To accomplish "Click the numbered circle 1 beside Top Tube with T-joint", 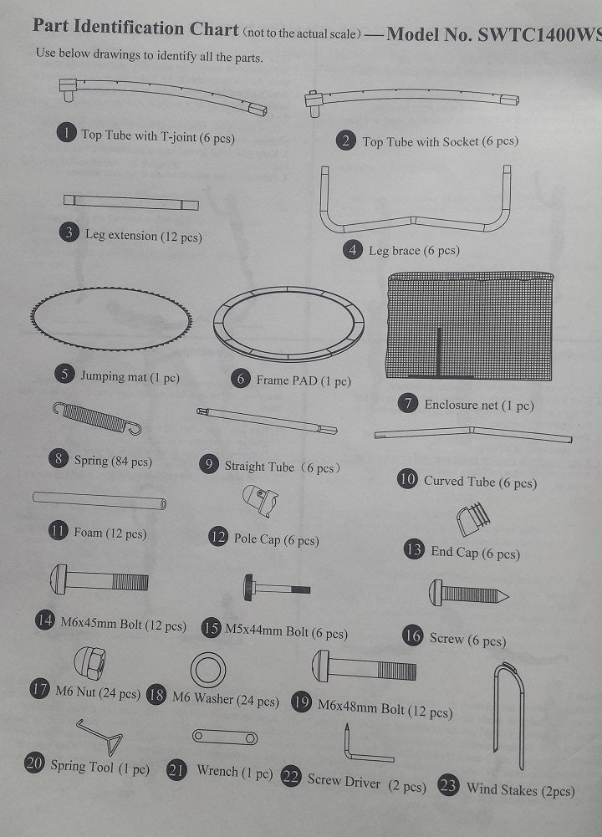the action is [66, 132].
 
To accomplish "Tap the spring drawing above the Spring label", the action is [97, 418].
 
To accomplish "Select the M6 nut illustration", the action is [89, 663].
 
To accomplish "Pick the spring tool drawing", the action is [101, 737].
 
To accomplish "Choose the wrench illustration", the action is [225, 737].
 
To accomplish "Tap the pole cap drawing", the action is [260, 500].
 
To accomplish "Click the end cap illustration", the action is [473, 519].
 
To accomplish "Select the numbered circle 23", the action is [448, 785].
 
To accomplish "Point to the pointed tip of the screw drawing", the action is [508, 596].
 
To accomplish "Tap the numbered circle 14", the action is [45, 620].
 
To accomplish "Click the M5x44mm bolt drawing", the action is [277, 588].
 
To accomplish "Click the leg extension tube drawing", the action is [130, 202].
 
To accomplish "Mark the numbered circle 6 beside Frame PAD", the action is [241, 379].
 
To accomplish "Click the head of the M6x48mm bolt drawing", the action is [320, 666].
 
